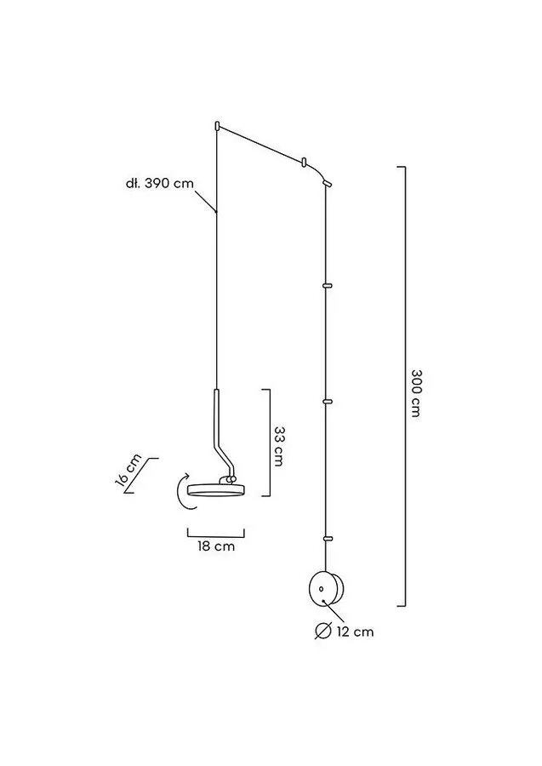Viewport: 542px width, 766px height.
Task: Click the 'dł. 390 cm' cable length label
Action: [x=160, y=184]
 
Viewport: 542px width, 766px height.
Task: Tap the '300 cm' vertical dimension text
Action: [x=416, y=393]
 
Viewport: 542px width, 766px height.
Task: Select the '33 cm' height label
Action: [x=279, y=446]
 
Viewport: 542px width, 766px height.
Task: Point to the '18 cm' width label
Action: [x=216, y=546]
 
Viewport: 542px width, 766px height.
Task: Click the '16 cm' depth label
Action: [x=128, y=471]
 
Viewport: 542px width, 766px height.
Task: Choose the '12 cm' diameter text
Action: [x=355, y=632]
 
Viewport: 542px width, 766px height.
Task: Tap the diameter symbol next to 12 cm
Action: [x=323, y=632]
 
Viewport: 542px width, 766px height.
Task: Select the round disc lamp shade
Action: [x=216, y=490]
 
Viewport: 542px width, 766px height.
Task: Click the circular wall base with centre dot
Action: [x=327, y=589]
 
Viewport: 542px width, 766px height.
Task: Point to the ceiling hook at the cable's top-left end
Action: [x=216, y=126]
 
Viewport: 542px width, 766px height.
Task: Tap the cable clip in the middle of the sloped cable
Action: [x=304, y=161]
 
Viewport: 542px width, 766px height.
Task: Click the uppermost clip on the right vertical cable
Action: [x=328, y=284]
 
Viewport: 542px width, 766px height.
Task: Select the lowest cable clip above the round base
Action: [x=328, y=539]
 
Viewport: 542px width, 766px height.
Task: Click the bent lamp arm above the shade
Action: [x=220, y=432]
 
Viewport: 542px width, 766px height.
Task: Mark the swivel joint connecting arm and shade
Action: [x=230, y=481]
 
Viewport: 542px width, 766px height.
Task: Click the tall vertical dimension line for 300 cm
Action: [x=405, y=386]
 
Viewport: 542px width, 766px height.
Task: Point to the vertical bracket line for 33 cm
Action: [x=270, y=443]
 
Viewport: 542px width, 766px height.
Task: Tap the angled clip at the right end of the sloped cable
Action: [x=327, y=183]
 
